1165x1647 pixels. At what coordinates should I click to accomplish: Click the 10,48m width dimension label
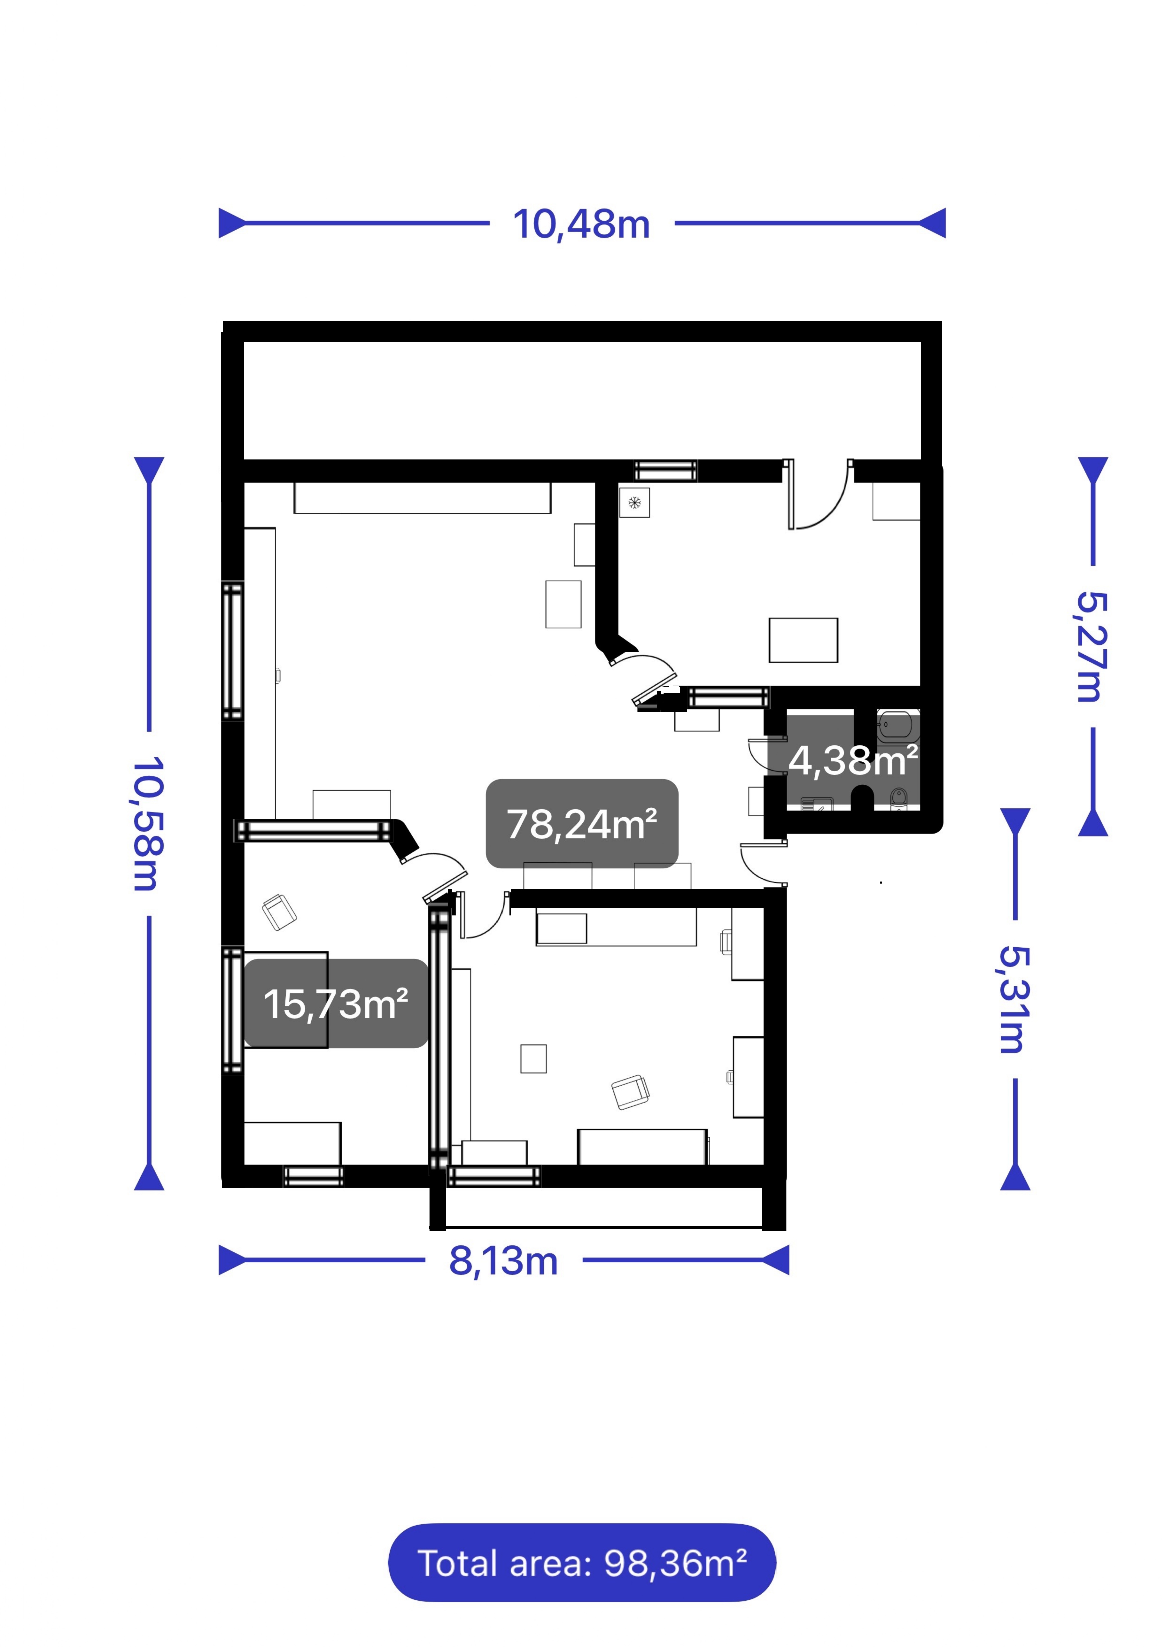[x=581, y=224]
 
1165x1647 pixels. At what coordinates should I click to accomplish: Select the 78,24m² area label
[x=582, y=823]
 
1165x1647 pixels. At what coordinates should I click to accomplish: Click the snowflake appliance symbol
[x=634, y=503]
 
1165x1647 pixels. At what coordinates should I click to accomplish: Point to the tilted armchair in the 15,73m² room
[x=279, y=912]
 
